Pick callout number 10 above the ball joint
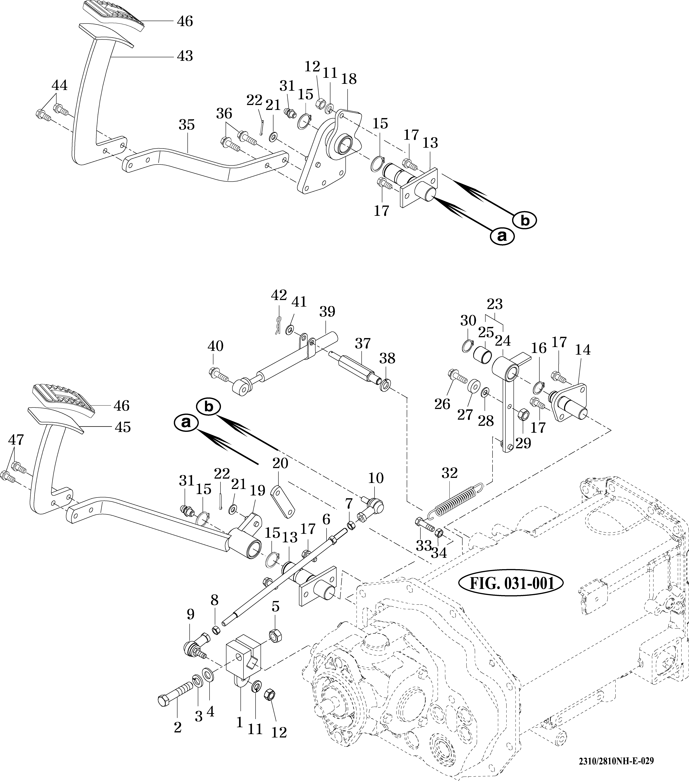pyautogui.click(x=376, y=478)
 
